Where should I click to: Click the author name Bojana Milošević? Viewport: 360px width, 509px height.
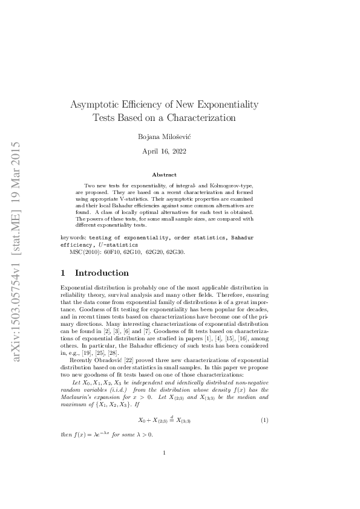(164, 137)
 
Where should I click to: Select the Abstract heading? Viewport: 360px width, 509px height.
(164, 174)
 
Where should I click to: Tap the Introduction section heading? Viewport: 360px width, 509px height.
(102, 273)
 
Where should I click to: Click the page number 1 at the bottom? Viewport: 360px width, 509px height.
(165, 467)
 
